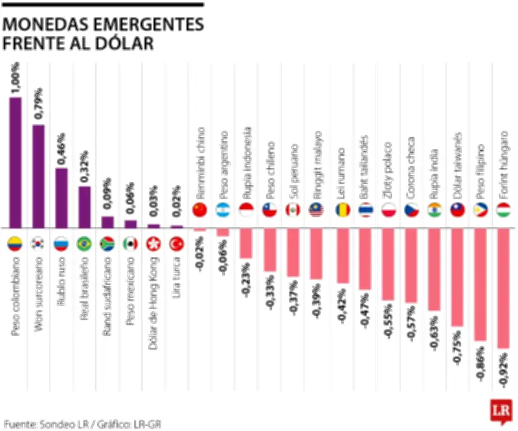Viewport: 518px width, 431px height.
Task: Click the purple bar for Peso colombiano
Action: [x=15, y=162]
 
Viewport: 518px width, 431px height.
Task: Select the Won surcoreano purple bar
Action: [x=38, y=176]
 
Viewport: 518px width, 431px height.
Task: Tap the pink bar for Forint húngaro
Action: [x=503, y=289]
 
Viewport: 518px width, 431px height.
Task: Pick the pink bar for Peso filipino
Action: [x=480, y=285]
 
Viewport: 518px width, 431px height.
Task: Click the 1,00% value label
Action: [x=16, y=78]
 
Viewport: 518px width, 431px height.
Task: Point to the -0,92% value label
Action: [x=504, y=371]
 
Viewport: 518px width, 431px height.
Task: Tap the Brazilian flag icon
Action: [x=84, y=244]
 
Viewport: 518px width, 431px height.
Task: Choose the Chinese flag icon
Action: [x=200, y=210]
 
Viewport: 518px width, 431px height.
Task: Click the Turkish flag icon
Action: [x=176, y=244]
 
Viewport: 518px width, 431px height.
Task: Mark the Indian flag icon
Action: [x=434, y=210]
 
